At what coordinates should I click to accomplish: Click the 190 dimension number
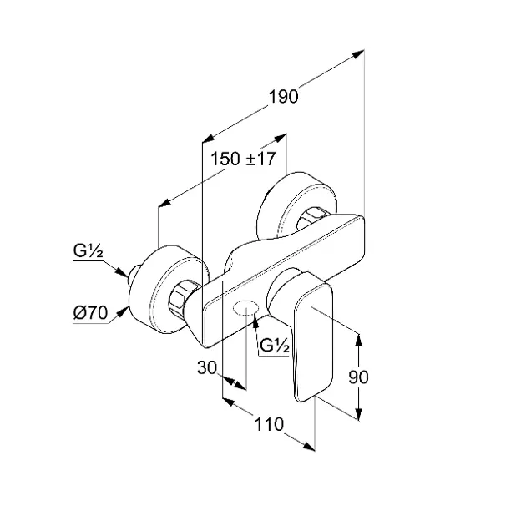tap(284, 97)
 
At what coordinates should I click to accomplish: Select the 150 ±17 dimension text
tap(243, 159)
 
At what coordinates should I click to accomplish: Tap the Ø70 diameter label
tap(90, 313)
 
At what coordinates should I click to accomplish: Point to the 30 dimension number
tap(207, 367)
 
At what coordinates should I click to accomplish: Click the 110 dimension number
tap(269, 424)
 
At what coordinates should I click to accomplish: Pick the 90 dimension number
tap(358, 377)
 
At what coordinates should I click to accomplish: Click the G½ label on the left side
tap(88, 250)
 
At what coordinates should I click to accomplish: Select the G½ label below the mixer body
tap(275, 345)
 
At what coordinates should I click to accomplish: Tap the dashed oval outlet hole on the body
tap(246, 309)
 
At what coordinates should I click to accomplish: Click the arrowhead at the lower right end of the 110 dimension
tap(309, 446)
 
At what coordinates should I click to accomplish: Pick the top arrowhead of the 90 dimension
tap(359, 340)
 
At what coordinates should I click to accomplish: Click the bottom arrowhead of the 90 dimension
tap(359, 413)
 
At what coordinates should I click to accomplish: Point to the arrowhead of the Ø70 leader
tap(122, 312)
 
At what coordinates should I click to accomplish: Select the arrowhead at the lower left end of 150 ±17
tap(164, 203)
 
